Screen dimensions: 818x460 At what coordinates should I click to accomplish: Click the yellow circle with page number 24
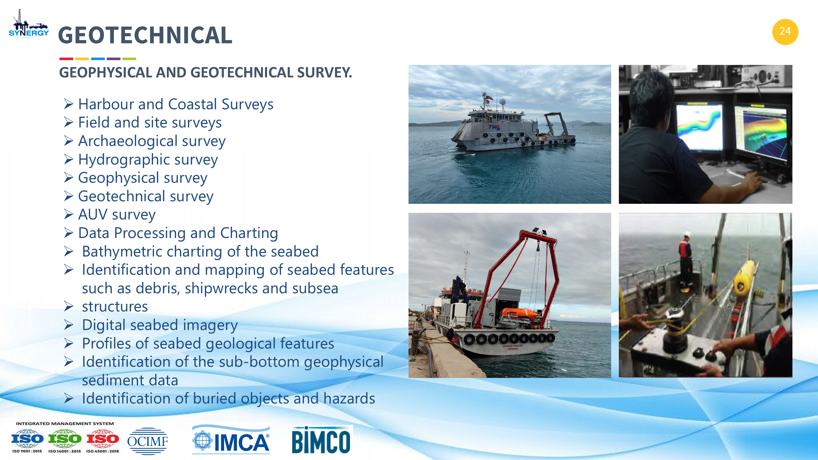[785, 32]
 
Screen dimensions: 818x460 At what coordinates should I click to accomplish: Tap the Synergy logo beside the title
[29, 24]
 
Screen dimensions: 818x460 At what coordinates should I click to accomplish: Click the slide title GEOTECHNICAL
[145, 35]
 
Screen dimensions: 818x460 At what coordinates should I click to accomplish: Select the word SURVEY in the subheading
[324, 72]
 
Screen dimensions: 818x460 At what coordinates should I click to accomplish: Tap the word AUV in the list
[93, 214]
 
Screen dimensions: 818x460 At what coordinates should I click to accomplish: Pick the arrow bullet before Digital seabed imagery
[69, 325]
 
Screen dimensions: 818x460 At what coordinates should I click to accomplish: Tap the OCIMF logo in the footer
[147, 441]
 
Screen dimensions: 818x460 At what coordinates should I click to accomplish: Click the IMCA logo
[231, 440]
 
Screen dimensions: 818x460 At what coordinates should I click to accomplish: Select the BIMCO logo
[321, 440]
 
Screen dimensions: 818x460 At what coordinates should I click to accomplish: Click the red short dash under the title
[66, 59]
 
